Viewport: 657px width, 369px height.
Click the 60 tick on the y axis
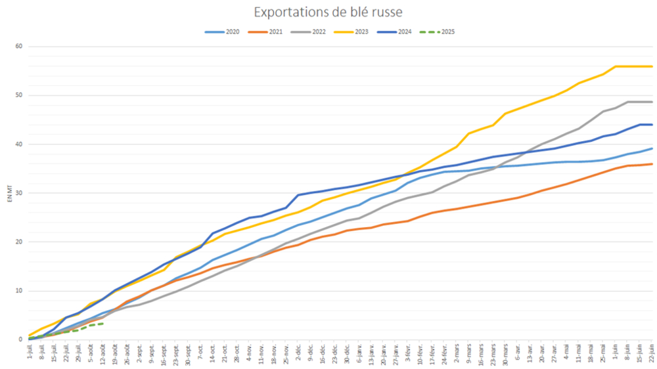(19, 47)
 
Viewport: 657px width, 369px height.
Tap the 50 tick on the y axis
(19, 95)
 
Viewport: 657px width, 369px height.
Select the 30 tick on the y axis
(19, 193)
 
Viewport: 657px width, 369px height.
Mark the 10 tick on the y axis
(19, 291)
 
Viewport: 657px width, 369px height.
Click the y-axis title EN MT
(8, 194)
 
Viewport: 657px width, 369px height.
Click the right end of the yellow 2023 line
(652, 66)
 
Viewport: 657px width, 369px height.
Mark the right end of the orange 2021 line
(652, 164)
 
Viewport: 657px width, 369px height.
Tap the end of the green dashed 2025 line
(102, 323)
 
